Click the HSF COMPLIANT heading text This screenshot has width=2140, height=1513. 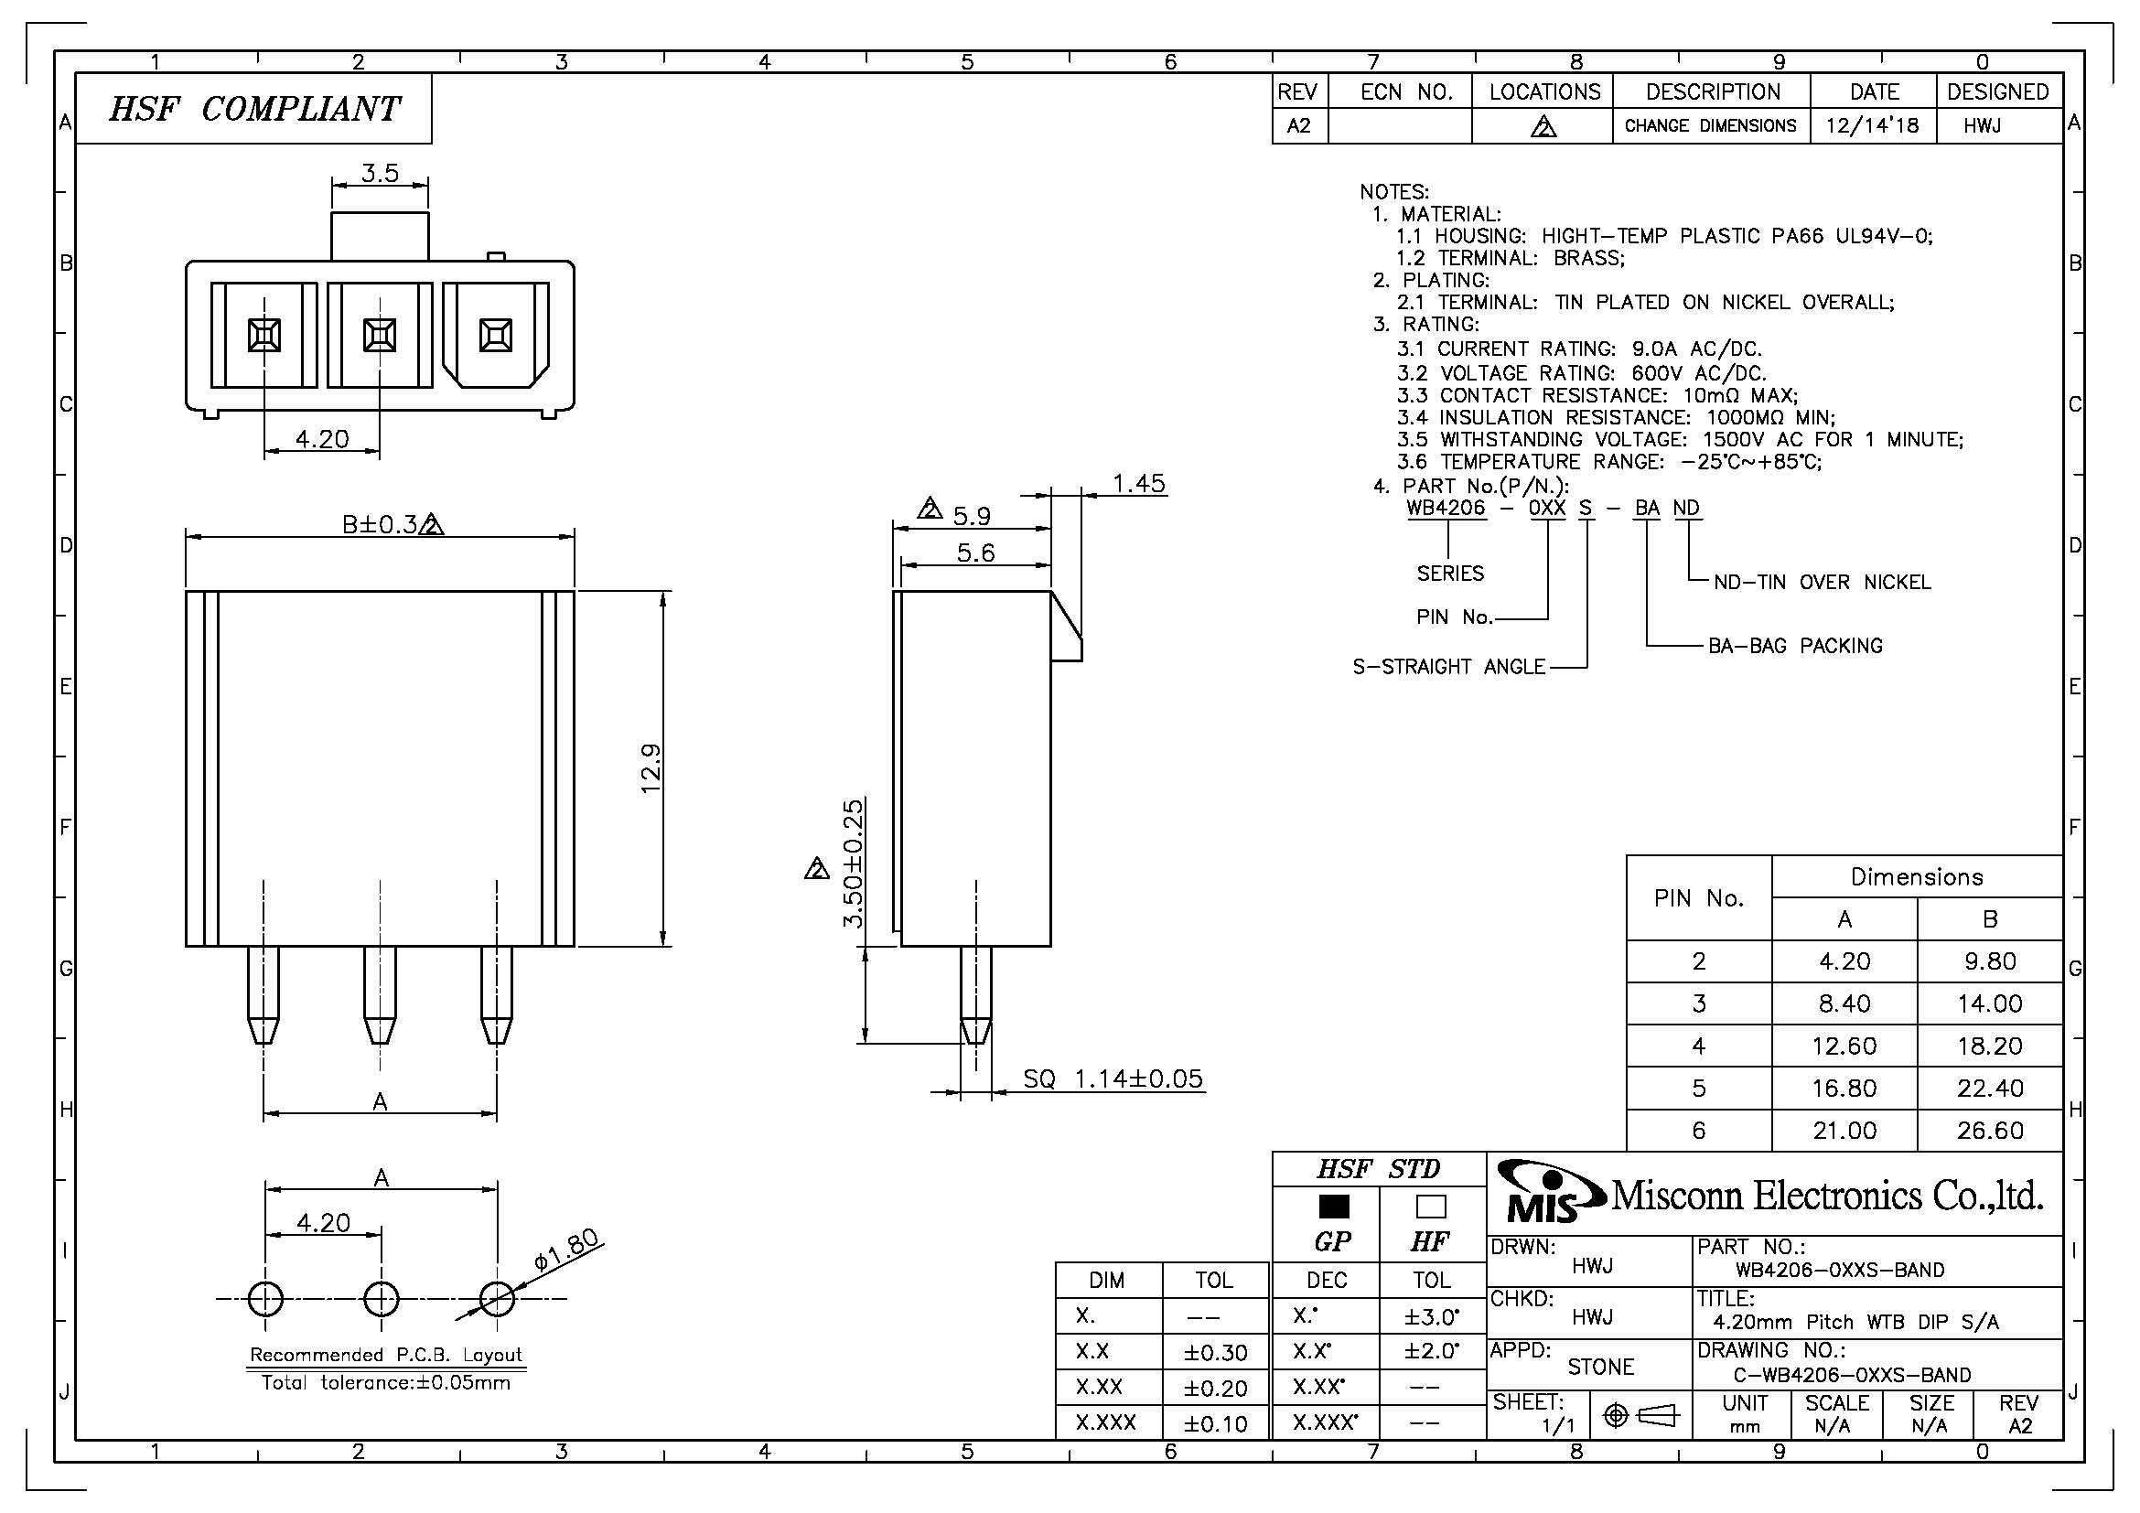coord(254,109)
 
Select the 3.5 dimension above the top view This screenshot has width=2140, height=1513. coord(381,172)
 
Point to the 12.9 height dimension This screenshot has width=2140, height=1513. coord(651,767)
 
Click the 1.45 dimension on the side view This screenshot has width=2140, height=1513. coord(1139,483)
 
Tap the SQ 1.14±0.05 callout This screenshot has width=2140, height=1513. coord(1113,1078)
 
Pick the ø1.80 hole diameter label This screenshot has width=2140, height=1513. coord(566,1251)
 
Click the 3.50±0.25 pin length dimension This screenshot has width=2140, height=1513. coord(853,863)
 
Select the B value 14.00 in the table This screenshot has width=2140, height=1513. coord(1989,1003)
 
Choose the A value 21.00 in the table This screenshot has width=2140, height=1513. coord(1844,1130)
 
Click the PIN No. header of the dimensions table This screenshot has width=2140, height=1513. coord(1698,898)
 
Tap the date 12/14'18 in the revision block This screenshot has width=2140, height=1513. coord(1873,125)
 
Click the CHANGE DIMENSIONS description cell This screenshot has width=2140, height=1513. coord(1710,125)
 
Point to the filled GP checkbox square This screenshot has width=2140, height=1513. coord(1334,1207)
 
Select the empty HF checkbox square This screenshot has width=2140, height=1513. coord(1431,1207)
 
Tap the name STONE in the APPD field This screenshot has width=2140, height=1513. coord(1600,1367)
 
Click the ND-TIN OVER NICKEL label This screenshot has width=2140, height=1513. coord(1823,583)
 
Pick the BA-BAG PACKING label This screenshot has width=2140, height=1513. coord(1795,646)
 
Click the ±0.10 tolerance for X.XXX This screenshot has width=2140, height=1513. coord(1215,1423)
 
